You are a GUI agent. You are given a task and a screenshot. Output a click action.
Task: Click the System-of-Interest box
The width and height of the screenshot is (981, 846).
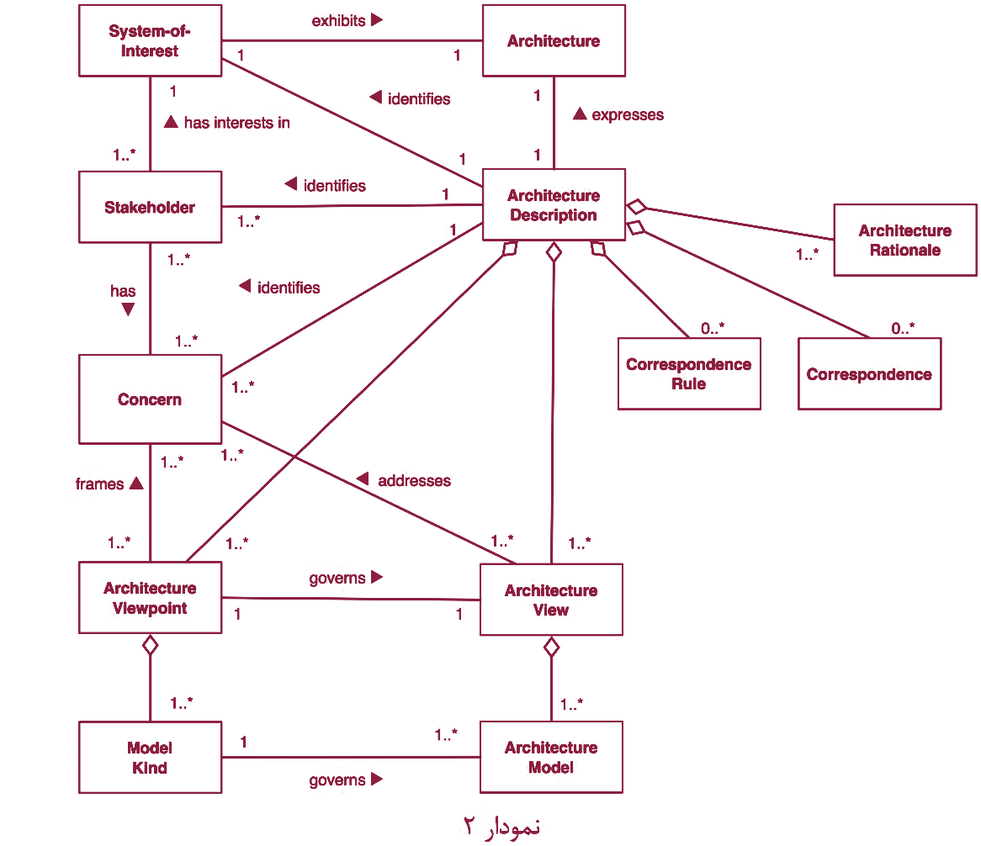tap(150, 40)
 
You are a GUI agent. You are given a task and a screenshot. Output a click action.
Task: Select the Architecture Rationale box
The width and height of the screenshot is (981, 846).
tap(905, 241)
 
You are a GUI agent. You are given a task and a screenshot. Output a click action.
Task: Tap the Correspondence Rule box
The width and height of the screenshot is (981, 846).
tap(689, 374)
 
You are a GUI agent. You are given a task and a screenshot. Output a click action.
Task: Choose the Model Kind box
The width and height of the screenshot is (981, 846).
tap(150, 757)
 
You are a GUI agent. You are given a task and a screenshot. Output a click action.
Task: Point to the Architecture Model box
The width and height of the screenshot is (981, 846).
tap(551, 757)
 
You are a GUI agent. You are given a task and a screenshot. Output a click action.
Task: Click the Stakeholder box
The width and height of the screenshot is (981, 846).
tap(150, 207)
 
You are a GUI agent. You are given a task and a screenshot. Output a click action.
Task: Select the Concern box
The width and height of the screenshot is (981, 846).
tap(150, 399)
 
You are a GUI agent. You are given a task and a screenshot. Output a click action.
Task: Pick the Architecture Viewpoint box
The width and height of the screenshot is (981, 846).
tap(150, 598)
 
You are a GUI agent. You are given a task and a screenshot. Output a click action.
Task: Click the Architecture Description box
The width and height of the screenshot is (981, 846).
tap(554, 204)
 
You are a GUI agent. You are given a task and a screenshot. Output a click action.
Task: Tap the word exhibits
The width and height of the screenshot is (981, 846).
tap(338, 21)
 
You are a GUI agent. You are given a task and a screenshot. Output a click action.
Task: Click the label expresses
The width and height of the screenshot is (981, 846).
tap(628, 115)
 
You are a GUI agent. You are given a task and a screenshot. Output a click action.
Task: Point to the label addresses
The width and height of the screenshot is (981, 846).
tap(414, 481)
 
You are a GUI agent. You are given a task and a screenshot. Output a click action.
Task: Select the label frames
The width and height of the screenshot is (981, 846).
tap(99, 484)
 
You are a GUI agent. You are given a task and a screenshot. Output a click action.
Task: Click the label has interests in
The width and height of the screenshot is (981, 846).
tap(237, 123)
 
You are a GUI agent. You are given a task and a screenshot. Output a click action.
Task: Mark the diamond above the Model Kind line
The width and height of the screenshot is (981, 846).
tap(150, 645)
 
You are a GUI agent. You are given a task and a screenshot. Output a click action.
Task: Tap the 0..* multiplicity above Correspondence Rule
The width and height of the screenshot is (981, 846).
tap(713, 328)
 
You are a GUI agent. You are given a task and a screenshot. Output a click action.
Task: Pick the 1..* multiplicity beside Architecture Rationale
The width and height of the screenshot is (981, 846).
tap(807, 255)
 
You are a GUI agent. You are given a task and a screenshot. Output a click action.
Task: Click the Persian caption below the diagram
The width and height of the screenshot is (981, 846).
tap(501, 827)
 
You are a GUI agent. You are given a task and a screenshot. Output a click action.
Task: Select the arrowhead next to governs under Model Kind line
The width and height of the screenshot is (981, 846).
tap(377, 779)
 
